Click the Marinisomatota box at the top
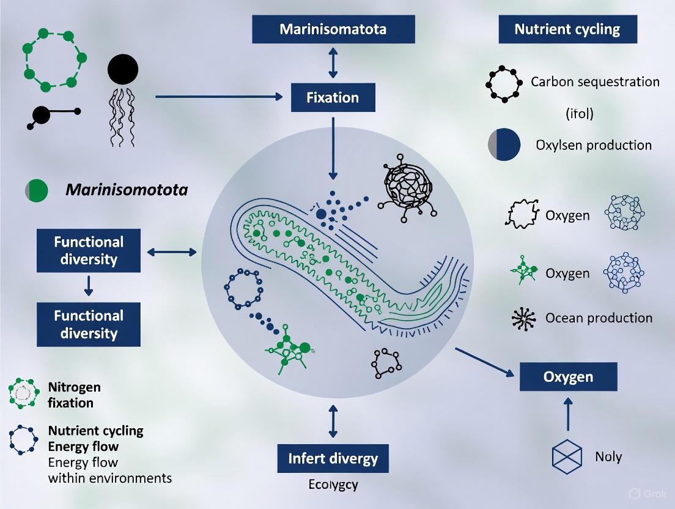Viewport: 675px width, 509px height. click(x=333, y=29)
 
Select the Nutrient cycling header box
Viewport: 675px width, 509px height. click(x=567, y=29)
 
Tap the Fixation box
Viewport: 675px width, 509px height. click(x=333, y=97)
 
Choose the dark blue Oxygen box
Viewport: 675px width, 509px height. click(x=568, y=376)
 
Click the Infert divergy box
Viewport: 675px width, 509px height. click(x=333, y=459)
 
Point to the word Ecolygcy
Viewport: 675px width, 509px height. click(x=333, y=485)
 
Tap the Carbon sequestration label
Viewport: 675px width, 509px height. click(x=594, y=82)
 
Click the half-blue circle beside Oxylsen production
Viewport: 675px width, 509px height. click(x=504, y=146)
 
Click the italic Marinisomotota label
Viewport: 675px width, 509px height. click(x=126, y=190)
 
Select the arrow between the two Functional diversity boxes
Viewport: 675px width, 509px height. click(x=89, y=286)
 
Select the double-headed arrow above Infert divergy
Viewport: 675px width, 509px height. click(x=333, y=420)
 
